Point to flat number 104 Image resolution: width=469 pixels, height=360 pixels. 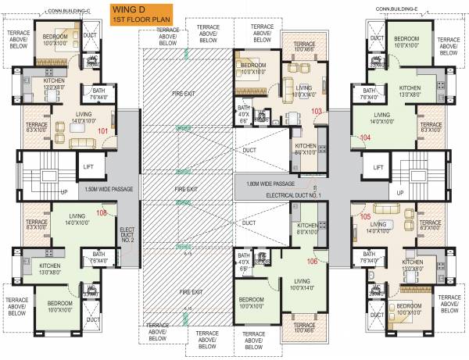[364, 137]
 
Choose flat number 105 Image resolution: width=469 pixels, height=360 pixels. [365, 216]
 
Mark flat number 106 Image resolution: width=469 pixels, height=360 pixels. [313, 261]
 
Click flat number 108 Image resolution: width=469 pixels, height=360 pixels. [101, 212]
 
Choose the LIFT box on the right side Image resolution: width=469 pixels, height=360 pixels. [378, 167]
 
